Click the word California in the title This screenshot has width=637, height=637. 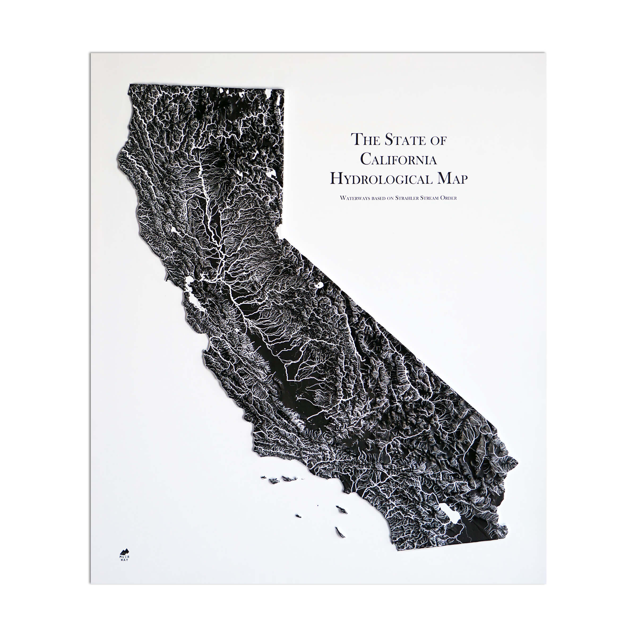pyautogui.click(x=398, y=159)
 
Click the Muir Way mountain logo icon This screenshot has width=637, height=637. pyautogui.click(x=125, y=551)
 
